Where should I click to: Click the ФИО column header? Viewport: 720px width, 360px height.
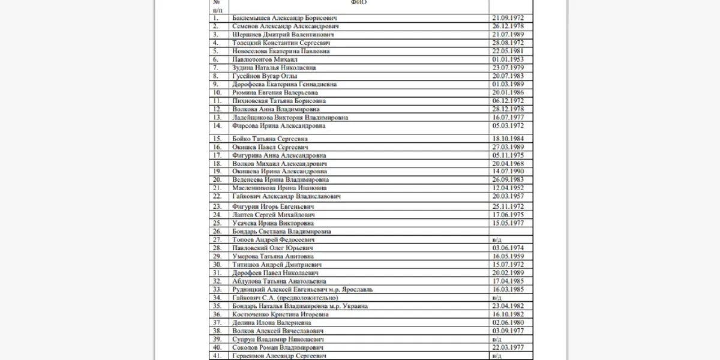coord(359,2)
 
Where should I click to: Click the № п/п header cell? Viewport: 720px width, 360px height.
coord(217,6)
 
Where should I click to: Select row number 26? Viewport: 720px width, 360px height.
coord(217,230)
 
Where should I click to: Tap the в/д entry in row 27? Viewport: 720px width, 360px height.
coord(496,239)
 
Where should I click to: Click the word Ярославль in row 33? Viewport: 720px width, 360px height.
coord(359,289)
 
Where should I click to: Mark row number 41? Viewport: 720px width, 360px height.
coord(217,356)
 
